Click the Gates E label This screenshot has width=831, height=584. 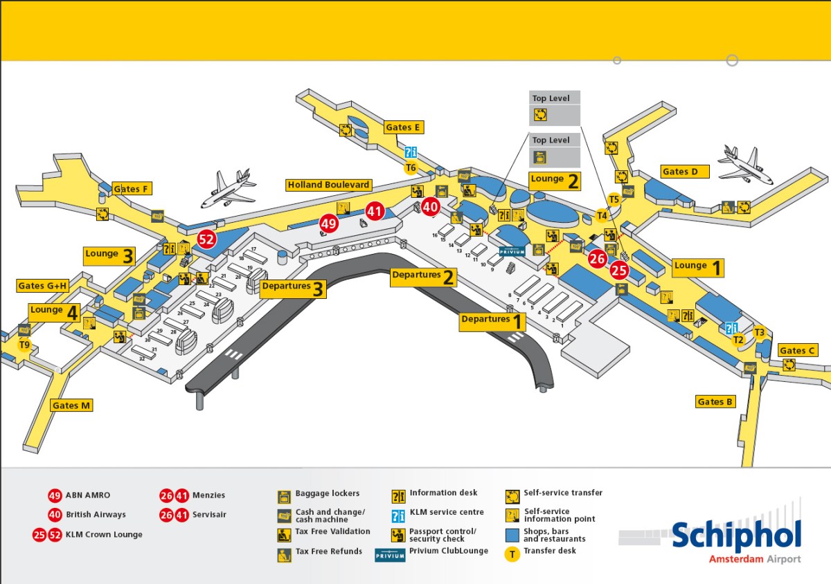tap(404, 127)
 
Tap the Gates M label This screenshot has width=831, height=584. tap(71, 405)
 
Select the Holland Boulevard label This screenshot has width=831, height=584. tap(329, 185)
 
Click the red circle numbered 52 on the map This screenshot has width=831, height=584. tap(206, 239)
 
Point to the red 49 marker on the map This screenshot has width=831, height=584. tap(328, 223)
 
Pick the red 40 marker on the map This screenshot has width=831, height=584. tap(431, 206)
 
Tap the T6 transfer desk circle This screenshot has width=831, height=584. tap(411, 167)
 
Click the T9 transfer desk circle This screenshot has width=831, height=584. tap(25, 345)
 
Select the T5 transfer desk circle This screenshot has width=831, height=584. tap(614, 200)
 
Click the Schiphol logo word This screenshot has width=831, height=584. tap(735, 536)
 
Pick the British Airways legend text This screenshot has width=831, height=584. tap(96, 515)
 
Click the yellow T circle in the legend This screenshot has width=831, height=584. tap(512, 554)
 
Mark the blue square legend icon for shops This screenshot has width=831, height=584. tap(512, 535)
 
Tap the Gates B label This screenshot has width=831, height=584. tap(715, 401)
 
